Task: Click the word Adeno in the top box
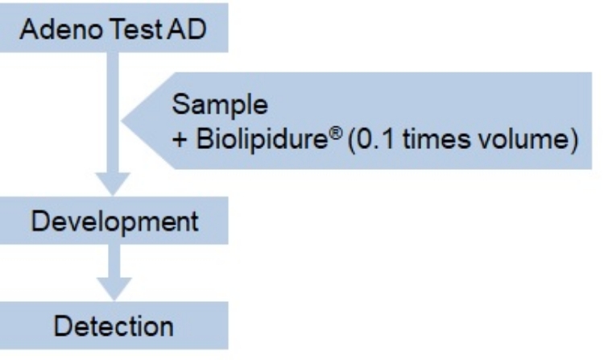61,29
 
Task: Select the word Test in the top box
136,29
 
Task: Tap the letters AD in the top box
187,29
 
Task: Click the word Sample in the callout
220,106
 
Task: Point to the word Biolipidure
262,139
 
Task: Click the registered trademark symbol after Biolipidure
336,133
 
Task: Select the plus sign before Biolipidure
180,140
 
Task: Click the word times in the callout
436,139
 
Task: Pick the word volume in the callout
523,139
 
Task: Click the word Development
115,222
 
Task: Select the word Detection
114,326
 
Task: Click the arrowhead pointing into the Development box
113,184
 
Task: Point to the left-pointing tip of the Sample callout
122,121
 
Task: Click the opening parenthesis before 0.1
351,140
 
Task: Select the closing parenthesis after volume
573,140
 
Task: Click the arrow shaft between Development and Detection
114,261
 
